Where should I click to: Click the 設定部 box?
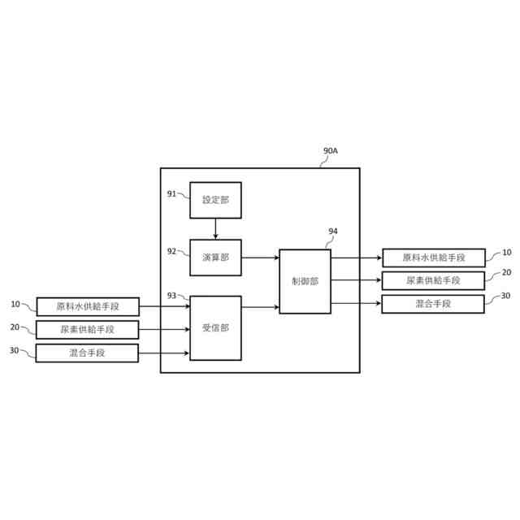tap(215, 200)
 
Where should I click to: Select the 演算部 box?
tap(215, 258)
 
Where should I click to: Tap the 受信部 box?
tap(215, 328)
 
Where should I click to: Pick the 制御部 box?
tap(305, 281)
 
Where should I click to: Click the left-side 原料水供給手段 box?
tap(88, 306)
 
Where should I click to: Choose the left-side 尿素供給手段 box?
tap(88, 329)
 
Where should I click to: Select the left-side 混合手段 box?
tap(88, 353)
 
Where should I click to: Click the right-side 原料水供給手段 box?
tap(433, 258)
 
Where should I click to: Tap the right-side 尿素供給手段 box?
tap(433, 280)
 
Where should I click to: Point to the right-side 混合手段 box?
tap(433, 304)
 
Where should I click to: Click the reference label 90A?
tap(331, 151)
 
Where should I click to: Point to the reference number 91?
tap(171, 193)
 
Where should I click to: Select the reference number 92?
tap(171, 251)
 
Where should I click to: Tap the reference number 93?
tap(171, 295)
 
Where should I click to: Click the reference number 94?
tap(333, 231)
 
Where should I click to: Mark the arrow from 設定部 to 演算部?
tap(215, 229)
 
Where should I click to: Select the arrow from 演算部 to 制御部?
tap(260, 258)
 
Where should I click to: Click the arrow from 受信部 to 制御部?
tap(260, 307)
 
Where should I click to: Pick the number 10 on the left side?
tap(15, 304)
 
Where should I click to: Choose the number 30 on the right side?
tap(505, 296)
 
